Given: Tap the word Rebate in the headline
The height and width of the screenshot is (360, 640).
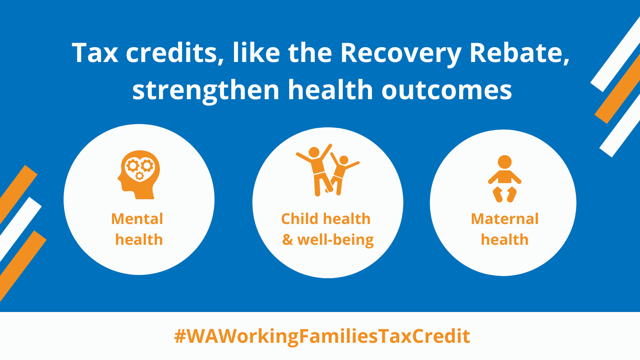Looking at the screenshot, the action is (x=520, y=53).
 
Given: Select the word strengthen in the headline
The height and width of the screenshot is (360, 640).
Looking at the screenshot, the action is (x=206, y=90).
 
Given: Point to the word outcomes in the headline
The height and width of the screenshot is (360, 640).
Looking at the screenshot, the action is (x=446, y=90).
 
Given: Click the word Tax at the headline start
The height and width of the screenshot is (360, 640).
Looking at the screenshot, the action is (x=94, y=53).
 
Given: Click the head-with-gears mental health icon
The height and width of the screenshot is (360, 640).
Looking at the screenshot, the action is (x=139, y=174).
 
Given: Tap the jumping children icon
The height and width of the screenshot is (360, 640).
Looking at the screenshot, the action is (x=328, y=170).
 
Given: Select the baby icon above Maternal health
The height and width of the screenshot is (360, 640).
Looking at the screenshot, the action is (x=504, y=179).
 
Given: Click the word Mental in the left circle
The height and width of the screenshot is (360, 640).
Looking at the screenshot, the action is (x=137, y=219).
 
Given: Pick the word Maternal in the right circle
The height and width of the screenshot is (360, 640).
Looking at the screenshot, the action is (x=504, y=219).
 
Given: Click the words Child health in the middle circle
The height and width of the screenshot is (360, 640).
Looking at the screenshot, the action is (x=326, y=219).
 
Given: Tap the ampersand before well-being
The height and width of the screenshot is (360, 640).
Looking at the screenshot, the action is (x=288, y=240).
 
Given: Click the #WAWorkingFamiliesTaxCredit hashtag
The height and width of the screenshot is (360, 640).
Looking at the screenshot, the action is (x=322, y=336).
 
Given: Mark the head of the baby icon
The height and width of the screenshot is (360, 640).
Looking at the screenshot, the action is (x=504, y=162).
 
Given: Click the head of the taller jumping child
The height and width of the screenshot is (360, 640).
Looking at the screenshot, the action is (x=314, y=152).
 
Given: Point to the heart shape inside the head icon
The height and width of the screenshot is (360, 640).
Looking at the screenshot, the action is (x=140, y=170).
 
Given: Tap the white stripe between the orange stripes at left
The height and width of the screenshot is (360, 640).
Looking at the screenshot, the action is (x=20, y=228).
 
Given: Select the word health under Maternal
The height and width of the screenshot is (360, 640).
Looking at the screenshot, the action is (x=504, y=240).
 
